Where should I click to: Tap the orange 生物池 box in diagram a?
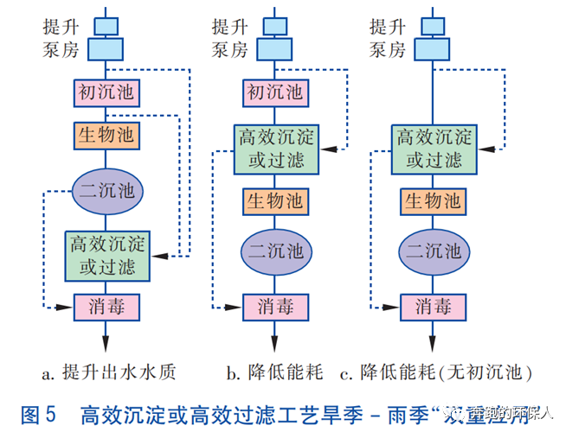click(x=105, y=136)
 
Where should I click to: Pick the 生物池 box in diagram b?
click(x=275, y=200)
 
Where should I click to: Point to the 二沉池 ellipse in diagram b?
click(x=275, y=251)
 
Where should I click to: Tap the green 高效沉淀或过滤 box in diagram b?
click(x=275, y=148)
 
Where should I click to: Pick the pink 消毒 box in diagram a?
click(x=105, y=306)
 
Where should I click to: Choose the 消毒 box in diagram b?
click(x=275, y=306)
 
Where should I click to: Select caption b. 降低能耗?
click(x=274, y=373)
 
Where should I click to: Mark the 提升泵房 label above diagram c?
click(x=387, y=37)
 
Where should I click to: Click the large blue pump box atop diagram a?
click(x=105, y=49)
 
